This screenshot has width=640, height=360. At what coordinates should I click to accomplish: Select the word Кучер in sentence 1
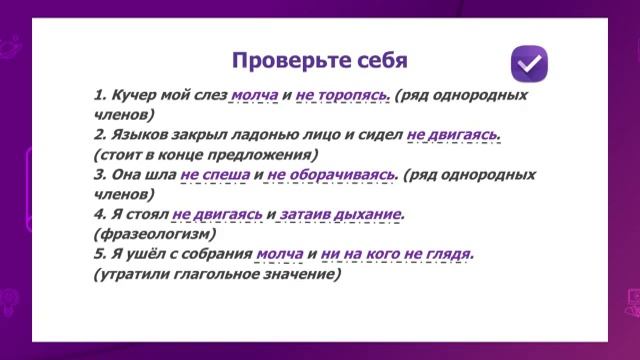click(x=134, y=97)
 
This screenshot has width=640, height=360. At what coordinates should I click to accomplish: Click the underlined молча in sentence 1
click(x=253, y=97)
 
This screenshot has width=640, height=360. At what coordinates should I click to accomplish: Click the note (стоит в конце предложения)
click(x=204, y=154)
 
